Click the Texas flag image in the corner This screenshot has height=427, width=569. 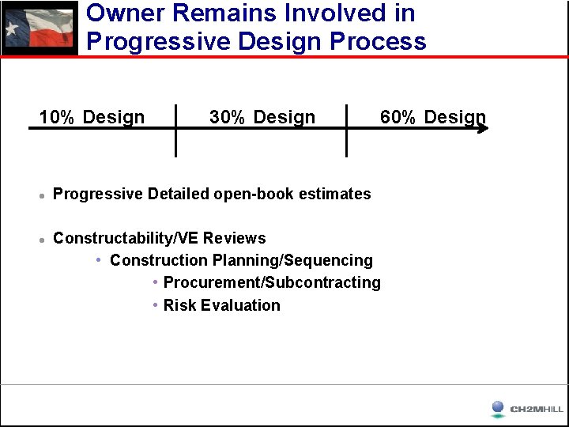point(40,28)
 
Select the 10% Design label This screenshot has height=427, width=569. point(92,118)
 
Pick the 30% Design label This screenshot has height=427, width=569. point(262,118)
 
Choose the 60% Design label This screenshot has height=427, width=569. point(432,118)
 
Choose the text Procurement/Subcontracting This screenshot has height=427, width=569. point(272,282)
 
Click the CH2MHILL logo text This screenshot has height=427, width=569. point(537,409)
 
